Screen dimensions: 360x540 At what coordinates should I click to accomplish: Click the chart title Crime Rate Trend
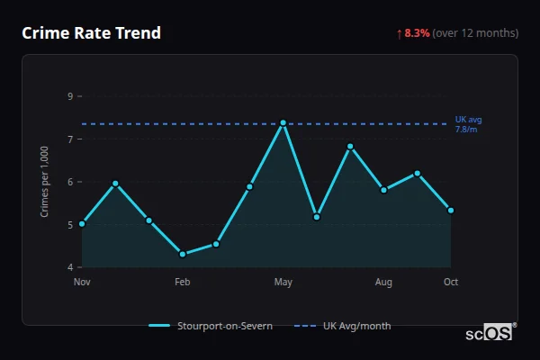click(92, 33)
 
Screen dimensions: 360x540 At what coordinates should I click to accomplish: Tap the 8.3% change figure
click(418, 33)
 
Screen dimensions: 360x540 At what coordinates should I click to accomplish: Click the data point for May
click(283, 122)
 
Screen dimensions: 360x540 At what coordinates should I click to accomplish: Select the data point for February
click(183, 254)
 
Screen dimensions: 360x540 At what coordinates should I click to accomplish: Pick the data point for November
click(82, 223)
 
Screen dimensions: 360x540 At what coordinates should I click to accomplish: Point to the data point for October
click(451, 211)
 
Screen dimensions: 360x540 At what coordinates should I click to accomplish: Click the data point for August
click(383, 190)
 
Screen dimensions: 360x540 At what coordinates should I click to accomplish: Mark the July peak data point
click(350, 146)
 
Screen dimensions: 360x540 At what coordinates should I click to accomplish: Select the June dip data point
click(317, 217)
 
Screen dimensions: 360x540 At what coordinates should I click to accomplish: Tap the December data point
click(115, 184)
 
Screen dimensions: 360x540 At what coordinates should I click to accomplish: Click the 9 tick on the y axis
click(70, 96)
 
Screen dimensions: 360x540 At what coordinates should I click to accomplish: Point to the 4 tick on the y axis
click(70, 267)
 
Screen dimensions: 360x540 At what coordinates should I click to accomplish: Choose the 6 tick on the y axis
click(70, 182)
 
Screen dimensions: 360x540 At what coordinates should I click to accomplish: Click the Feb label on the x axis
click(183, 283)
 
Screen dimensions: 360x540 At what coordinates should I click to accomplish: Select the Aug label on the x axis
click(383, 283)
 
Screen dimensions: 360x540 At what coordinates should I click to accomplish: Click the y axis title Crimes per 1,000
click(45, 182)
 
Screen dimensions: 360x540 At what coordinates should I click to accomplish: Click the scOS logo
click(490, 333)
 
